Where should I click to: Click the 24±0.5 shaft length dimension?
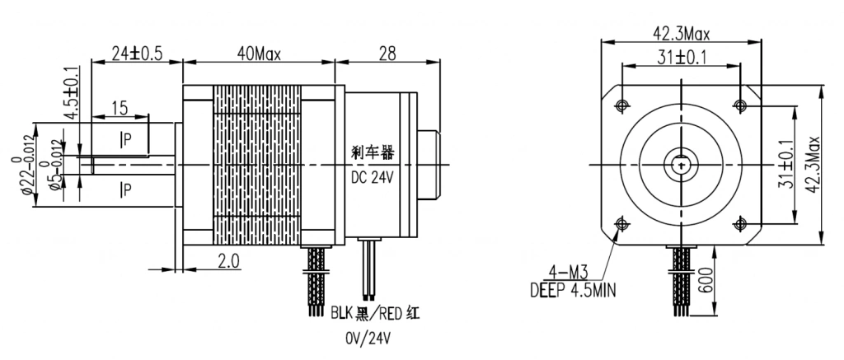(x=138, y=54)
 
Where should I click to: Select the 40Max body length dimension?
(x=259, y=54)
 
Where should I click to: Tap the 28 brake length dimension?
(x=387, y=54)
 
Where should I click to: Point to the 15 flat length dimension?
(x=120, y=108)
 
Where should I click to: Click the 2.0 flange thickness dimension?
(x=227, y=261)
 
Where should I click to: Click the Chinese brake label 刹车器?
(x=373, y=153)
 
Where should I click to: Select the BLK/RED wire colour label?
(x=375, y=313)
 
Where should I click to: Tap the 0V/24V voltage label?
(x=368, y=338)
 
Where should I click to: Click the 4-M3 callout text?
(x=565, y=270)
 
